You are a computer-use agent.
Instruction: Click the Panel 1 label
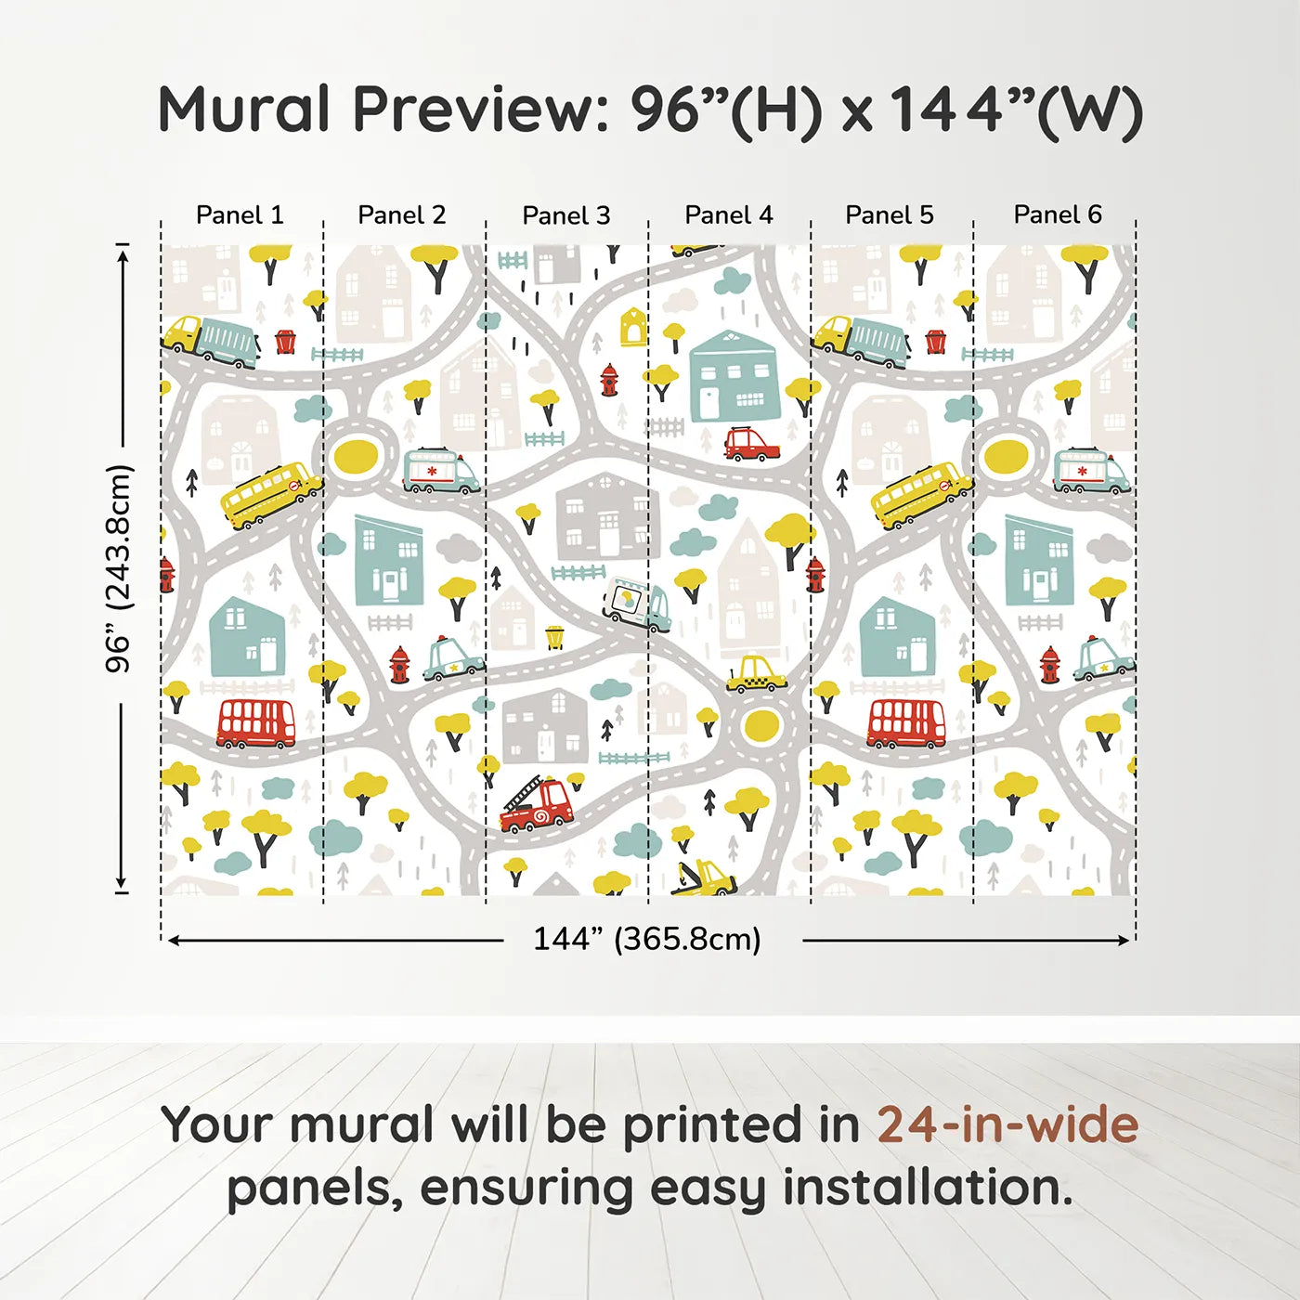click(240, 214)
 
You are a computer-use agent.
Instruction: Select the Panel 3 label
click(565, 215)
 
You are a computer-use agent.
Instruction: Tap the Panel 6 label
click(1057, 214)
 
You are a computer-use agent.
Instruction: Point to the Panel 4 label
click(728, 214)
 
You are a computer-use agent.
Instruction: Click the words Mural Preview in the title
click(381, 110)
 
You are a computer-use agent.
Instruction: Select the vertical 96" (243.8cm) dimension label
click(119, 568)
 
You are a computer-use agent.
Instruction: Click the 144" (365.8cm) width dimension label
click(646, 939)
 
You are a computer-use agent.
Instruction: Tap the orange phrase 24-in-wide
click(1007, 1124)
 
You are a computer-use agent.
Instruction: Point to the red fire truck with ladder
click(536, 805)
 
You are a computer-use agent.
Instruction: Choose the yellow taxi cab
click(756, 675)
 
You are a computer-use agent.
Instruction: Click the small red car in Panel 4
click(750, 444)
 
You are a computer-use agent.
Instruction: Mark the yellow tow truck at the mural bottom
click(705, 877)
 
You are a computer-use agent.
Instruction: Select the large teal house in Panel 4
click(734, 376)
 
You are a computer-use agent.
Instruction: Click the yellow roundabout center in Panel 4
click(760, 725)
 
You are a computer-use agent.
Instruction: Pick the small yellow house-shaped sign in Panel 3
click(632, 327)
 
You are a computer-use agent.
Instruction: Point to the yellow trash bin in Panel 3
click(554, 637)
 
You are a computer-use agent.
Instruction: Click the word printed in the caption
click(714, 1124)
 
